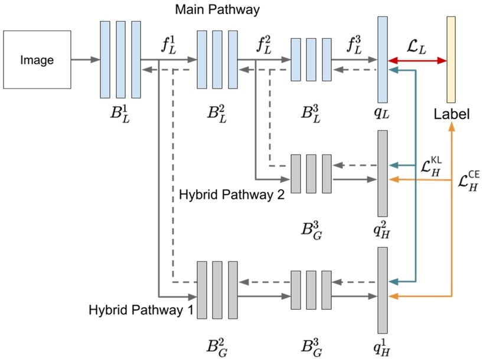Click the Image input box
click(x=37, y=60)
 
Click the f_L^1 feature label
click(x=168, y=44)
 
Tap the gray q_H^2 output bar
click(x=382, y=173)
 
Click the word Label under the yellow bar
click(x=451, y=114)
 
